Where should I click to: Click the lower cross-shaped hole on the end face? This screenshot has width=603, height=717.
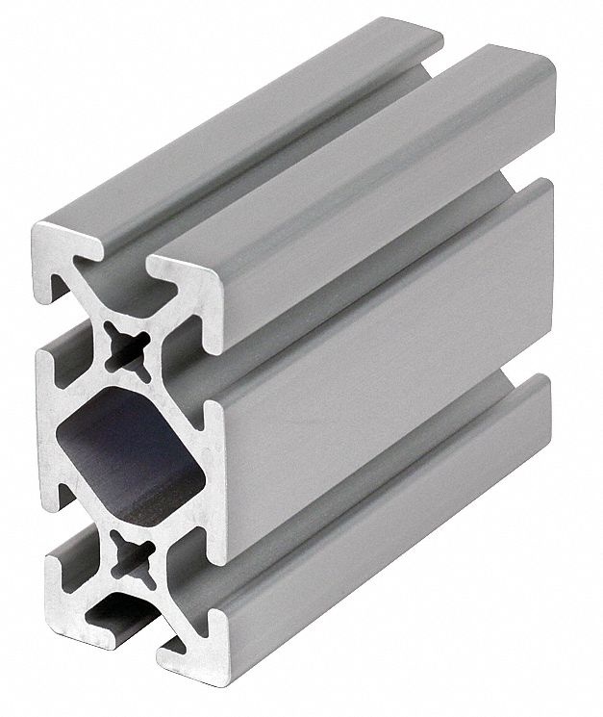point(128,552)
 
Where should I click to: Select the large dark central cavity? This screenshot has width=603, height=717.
point(127,449)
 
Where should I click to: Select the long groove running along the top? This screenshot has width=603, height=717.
point(289,154)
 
